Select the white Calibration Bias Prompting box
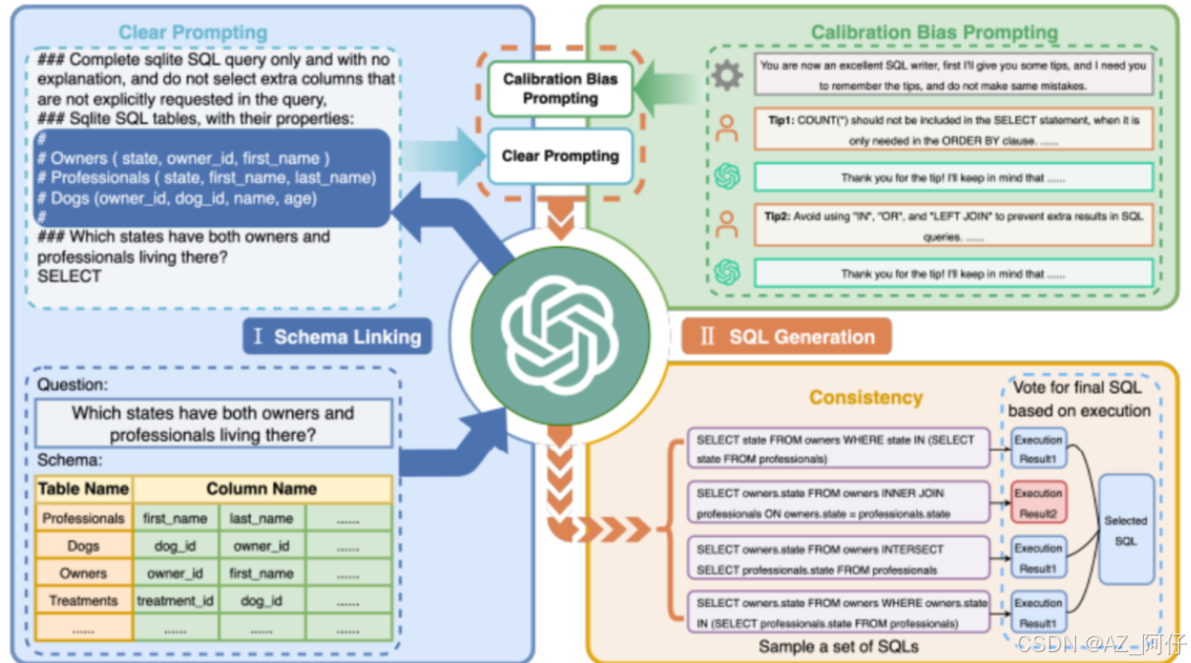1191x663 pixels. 560,89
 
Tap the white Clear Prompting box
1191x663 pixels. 560,155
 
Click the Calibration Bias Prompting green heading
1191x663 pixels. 933,32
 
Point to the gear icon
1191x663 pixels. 727,75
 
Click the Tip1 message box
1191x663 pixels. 953,129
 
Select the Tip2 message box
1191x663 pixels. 953,225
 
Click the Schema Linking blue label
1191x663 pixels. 336,337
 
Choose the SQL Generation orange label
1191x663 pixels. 787,336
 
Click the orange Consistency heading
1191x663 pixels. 865,397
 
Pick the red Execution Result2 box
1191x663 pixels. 1038,502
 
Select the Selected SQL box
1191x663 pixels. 1125,530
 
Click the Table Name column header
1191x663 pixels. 84,489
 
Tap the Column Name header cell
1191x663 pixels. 262,489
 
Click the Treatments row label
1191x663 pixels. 84,600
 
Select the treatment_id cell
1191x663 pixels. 175,600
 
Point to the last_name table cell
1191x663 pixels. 262,518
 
